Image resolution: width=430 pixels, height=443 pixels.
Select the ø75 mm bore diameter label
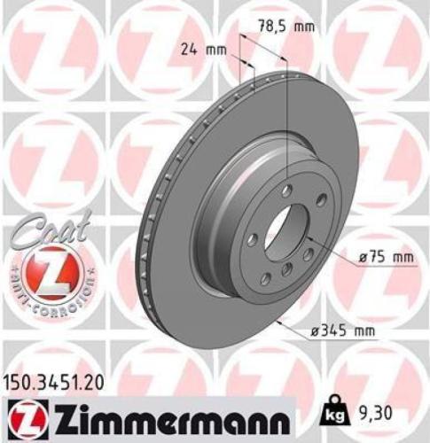pyautogui.click(x=387, y=258)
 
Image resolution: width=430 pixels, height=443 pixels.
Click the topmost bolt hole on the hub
pyautogui.click(x=286, y=190)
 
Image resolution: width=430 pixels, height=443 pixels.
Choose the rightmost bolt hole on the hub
pyautogui.click(x=321, y=201)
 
